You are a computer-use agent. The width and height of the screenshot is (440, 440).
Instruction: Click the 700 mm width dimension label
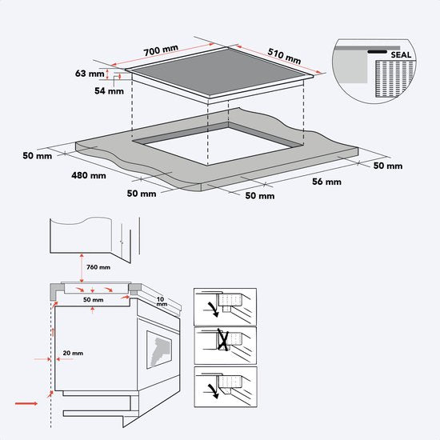click(161, 50)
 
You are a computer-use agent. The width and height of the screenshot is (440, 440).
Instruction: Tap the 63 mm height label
click(90, 74)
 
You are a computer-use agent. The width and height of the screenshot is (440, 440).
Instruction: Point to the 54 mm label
click(110, 91)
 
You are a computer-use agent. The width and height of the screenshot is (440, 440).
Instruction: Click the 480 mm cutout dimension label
click(88, 175)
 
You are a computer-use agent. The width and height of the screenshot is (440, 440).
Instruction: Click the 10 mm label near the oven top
click(162, 302)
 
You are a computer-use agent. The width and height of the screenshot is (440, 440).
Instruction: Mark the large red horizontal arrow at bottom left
click(26, 404)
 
